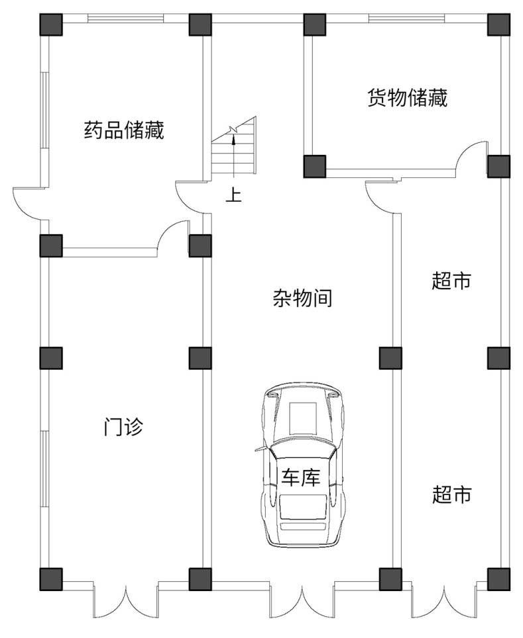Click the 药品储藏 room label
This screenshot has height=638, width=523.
(124, 130)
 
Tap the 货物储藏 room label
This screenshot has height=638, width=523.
(408, 98)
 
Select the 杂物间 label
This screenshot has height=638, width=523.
(302, 298)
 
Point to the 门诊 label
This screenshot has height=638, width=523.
(123, 427)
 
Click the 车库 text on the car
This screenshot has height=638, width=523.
(302, 477)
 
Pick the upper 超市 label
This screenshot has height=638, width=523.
(451, 281)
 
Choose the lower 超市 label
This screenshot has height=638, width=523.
(451, 494)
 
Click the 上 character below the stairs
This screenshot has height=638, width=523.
(233, 195)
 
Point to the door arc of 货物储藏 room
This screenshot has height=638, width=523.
(473, 156)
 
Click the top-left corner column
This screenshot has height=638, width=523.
(51, 24)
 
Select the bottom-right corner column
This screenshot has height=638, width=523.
(498, 578)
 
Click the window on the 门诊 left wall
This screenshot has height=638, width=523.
(44, 470)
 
